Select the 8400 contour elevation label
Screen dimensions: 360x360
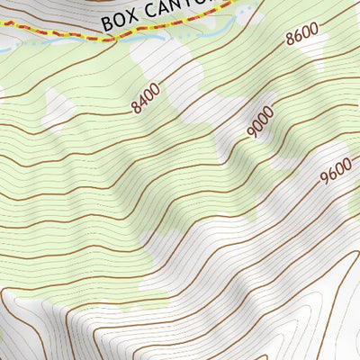pyautogui.click(x=144, y=99)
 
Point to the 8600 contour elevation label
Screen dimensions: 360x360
pyautogui.click(x=302, y=36)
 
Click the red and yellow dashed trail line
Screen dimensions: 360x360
pyautogui.click(x=81, y=38)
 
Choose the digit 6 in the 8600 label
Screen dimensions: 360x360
pyautogui.click(x=300, y=37)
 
